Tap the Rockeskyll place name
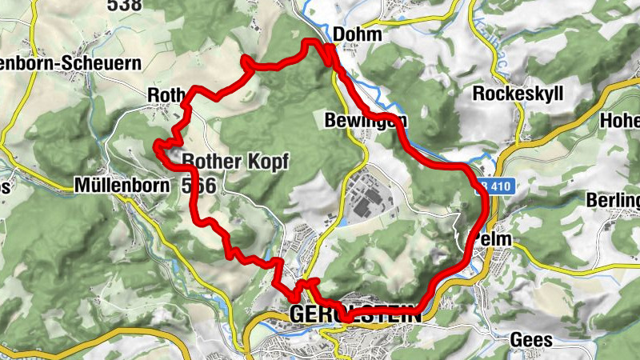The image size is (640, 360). (x=518, y=94)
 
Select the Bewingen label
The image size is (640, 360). (x=366, y=121)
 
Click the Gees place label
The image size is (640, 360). (x=530, y=340)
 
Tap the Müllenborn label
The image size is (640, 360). (x=121, y=186)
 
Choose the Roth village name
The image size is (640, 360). (x=165, y=96)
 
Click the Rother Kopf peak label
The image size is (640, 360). (x=234, y=161)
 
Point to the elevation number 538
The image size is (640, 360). (x=125, y=5)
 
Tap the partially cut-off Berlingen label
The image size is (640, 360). (x=613, y=199)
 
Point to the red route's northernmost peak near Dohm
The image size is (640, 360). (x=312, y=41)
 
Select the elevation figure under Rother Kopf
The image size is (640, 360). (x=198, y=186)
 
